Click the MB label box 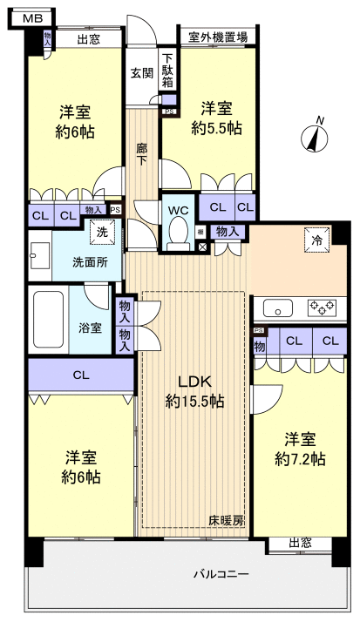coord(30,17)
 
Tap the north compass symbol coord(314,136)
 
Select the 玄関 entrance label coord(141,74)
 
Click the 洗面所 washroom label coord(89,262)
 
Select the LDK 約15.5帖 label coord(194,392)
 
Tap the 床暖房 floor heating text coord(225,520)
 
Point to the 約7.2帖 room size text coord(299,458)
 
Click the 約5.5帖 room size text coord(216,127)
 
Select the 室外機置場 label coord(217,37)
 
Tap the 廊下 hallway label coord(141,154)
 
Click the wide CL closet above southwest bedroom coord(80,376)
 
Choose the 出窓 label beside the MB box coord(87,39)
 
